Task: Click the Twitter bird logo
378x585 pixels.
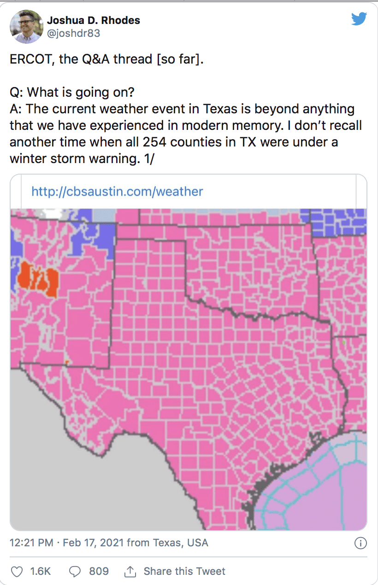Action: (x=359, y=19)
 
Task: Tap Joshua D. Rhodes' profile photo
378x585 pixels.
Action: (x=26, y=27)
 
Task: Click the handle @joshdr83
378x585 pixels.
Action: (x=73, y=34)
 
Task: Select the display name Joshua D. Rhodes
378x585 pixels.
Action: (x=94, y=20)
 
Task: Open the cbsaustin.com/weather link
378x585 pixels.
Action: (x=117, y=191)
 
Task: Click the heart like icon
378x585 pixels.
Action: (x=17, y=572)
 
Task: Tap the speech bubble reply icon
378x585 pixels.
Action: (x=75, y=572)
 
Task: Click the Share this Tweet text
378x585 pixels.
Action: (x=184, y=571)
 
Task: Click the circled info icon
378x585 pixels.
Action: (x=360, y=543)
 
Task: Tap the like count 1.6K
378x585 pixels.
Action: (x=41, y=571)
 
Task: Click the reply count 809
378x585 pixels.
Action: (x=99, y=571)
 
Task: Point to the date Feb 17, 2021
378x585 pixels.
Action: (x=93, y=543)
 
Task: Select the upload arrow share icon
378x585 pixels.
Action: (x=130, y=572)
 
